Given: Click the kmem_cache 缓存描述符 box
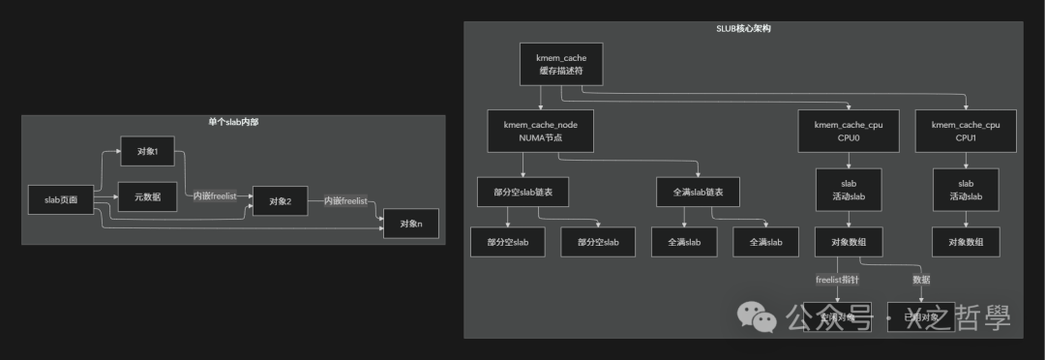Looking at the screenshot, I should [561, 65].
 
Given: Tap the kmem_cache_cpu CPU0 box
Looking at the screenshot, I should [849, 131].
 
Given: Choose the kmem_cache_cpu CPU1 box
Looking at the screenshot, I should [966, 131].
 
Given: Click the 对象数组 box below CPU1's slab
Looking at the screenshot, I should [966, 242].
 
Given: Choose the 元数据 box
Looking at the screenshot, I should [147, 197].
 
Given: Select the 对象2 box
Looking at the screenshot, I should [281, 201].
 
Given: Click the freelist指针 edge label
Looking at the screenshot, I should [838, 280].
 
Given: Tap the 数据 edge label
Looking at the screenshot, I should [921, 280].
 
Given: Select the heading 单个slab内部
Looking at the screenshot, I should [233, 122].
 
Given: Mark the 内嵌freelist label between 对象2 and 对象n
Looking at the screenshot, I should [345, 201].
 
